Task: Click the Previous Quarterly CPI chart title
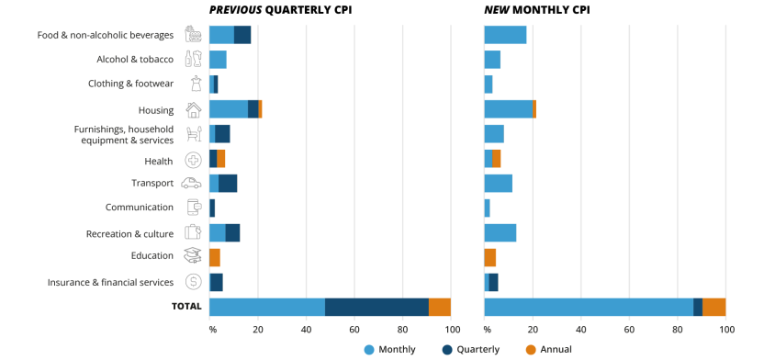[x=280, y=10]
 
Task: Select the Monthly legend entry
[x=389, y=349]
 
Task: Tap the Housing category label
[x=156, y=110]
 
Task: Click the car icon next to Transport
[x=192, y=183]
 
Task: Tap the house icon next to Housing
[x=193, y=110]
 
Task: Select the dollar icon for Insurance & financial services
[x=193, y=282]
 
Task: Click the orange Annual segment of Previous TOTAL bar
[x=440, y=307]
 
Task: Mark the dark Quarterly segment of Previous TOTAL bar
[x=376, y=307]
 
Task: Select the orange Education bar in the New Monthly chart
[x=489, y=257]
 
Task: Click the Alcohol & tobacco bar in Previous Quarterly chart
[x=218, y=60]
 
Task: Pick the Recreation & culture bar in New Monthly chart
[x=500, y=232]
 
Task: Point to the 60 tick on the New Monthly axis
[x=629, y=329]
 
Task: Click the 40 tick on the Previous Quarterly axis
[x=306, y=329]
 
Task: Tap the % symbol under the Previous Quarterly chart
[x=212, y=329]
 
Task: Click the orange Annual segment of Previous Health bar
[x=220, y=159]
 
